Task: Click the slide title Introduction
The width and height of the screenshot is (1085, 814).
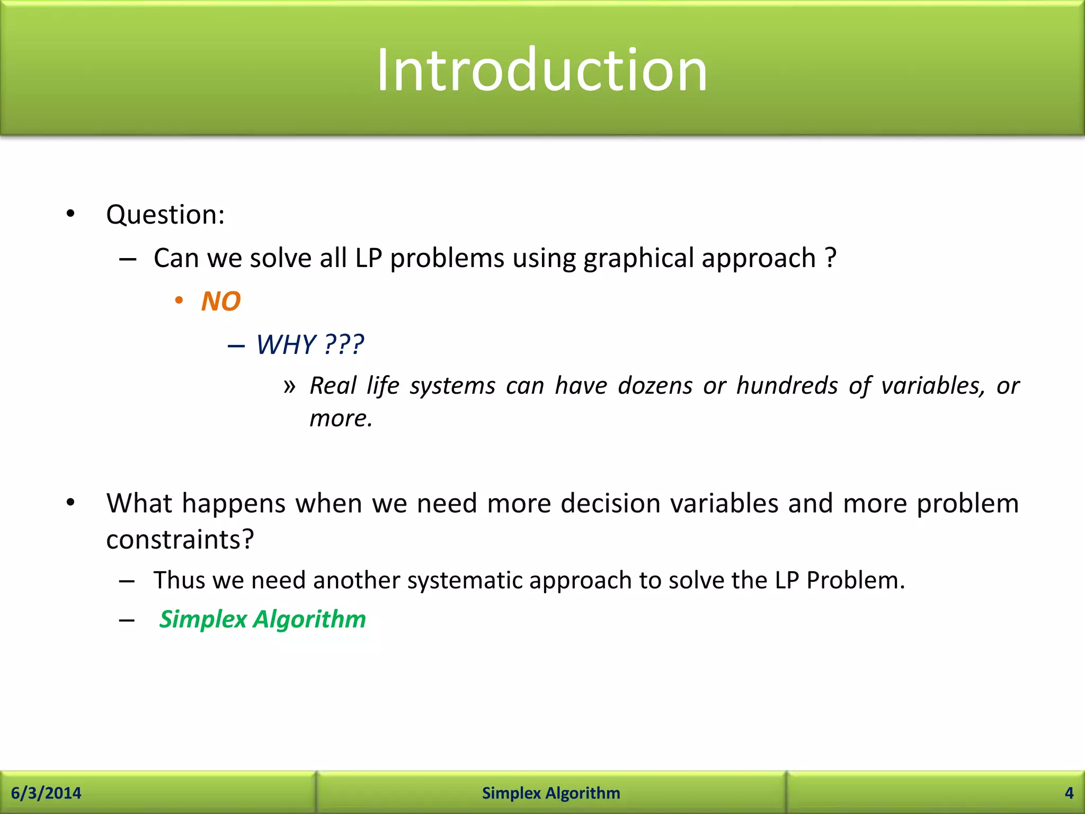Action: pyautogui.click(x=541, y=70)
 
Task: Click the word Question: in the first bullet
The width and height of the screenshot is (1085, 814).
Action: pyautogui.click(x=165, y=215)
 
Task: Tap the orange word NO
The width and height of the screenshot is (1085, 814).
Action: pyautogui.click(x=221, y=302)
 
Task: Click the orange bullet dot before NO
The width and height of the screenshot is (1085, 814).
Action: pyautogui.click(x=179, y=301)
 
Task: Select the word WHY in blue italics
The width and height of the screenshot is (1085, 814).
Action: pyautogui.click(x=286, y=345)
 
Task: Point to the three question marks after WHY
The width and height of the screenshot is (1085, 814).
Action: pyautogui.click(x=344, y=345)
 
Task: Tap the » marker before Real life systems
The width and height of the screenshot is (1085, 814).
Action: pyautogui.click(x=289, y=386)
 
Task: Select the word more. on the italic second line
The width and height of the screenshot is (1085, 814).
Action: pyautogui.click(x=341, y=419)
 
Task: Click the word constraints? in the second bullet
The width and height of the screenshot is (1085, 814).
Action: pyautogui.click(x=180, y=540)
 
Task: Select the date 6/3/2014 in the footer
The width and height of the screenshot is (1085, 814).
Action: pyautogui.click(x=46, y=793)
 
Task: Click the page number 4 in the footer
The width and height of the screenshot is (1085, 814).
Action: pyautogui.click(x=1069, y=793)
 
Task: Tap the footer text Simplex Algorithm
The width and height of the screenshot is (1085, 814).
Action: pyautogui.click(x=551, y=793)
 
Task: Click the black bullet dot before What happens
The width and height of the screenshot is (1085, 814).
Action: pyautogui.click(x=70, y=502)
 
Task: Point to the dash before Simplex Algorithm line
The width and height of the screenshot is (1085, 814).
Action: pyautogui.click(x=127, y=621)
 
